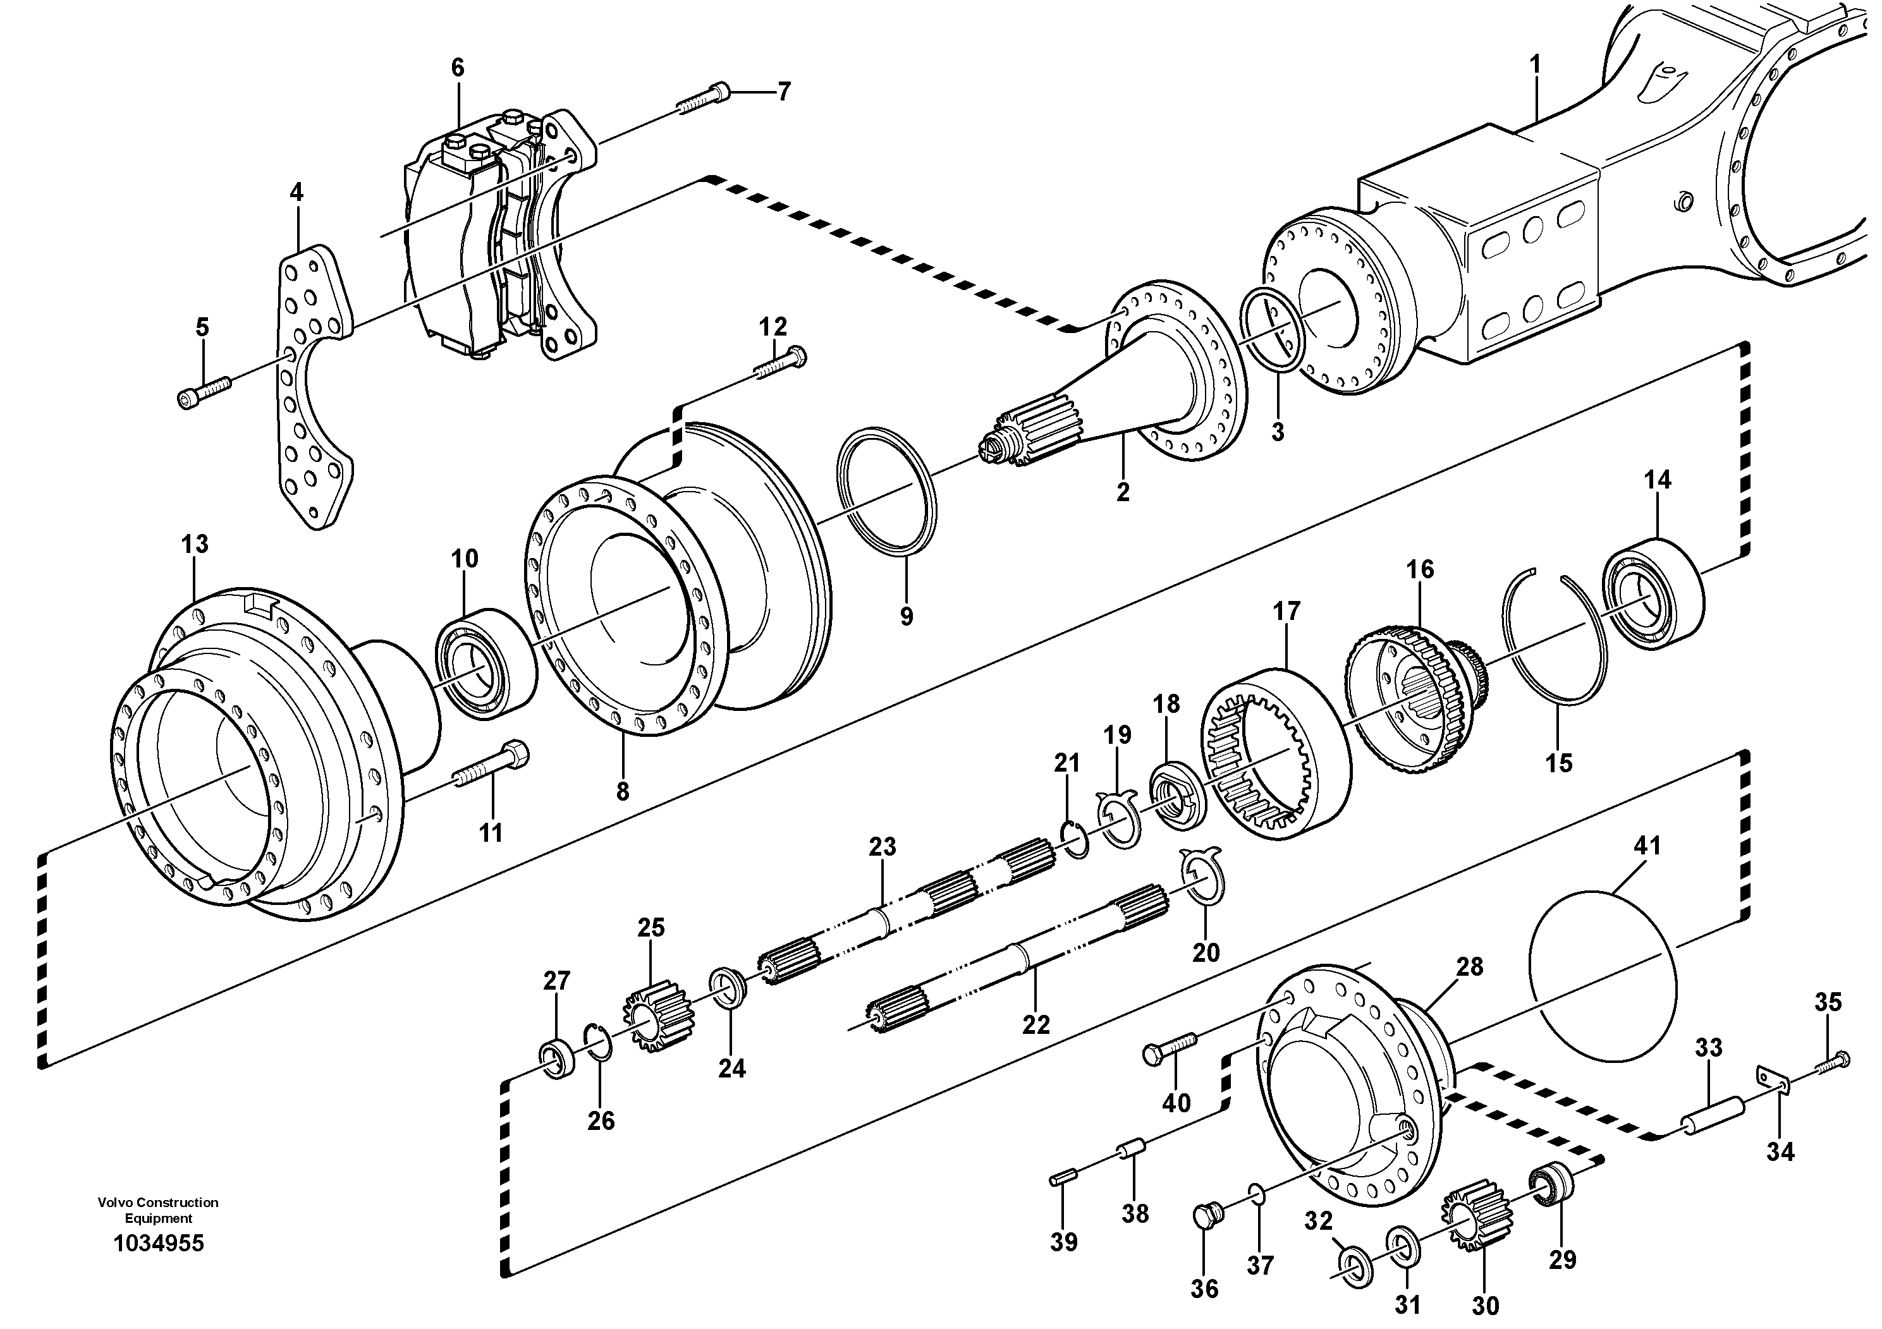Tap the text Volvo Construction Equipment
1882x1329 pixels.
click(x=158, y=1210)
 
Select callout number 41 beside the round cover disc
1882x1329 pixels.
click(x=1647, y=846)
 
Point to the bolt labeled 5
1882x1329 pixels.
click(x=204, y=390)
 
